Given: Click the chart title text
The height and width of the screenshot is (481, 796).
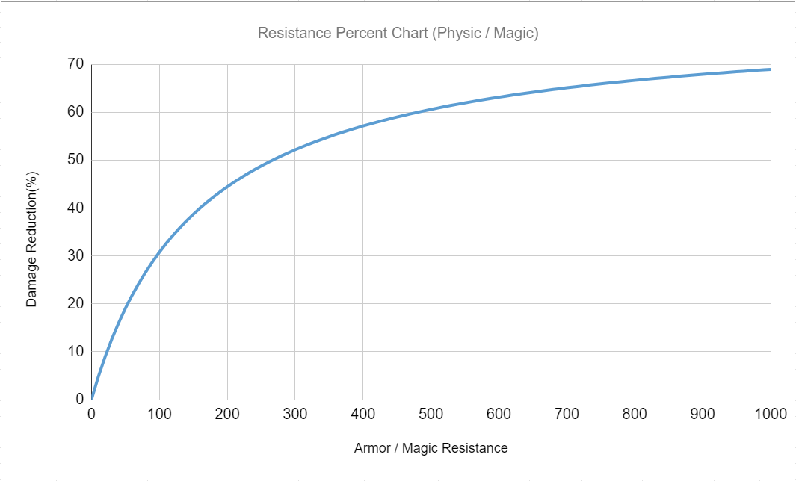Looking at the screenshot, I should [398, 33].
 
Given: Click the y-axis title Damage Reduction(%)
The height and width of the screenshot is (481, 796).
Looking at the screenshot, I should [31, 239].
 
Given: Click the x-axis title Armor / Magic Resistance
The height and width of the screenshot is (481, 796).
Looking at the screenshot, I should [431, 448].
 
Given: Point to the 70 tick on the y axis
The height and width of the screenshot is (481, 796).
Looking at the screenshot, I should [75, 64].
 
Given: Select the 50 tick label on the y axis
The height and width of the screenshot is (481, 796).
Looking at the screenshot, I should [75, 160].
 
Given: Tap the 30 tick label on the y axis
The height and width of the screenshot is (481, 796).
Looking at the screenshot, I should [75, 255].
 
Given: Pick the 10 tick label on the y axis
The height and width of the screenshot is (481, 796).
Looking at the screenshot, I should [75, 351].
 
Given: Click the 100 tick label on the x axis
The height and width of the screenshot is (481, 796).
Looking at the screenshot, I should [159, 414].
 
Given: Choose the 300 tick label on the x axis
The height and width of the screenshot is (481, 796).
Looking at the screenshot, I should [294, 414].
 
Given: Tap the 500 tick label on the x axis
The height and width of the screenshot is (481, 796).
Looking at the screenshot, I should [431, 414].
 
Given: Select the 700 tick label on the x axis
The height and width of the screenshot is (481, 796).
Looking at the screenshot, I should [567, 414].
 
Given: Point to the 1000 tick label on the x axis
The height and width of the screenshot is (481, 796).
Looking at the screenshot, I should [770, 414].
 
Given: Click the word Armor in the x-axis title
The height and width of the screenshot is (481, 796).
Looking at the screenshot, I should [371, 448].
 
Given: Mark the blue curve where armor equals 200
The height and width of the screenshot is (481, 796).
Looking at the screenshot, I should [227, 186].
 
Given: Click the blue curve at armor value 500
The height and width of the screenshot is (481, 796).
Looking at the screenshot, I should [431, 110].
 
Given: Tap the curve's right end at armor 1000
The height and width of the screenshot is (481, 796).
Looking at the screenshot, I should [770, 69].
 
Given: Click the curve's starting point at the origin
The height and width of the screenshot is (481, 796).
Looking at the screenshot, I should [92, 397].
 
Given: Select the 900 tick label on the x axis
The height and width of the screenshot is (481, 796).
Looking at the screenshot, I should [703, 414].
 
